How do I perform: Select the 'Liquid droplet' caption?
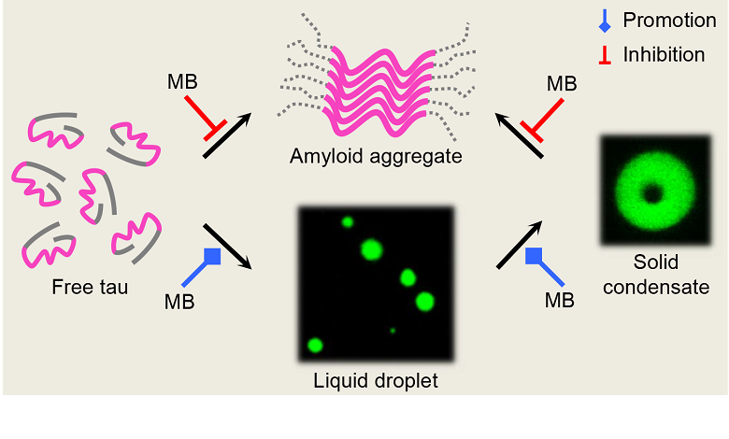point(376,381)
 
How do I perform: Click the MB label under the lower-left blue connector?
point(179,301)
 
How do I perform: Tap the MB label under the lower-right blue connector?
point(559,301)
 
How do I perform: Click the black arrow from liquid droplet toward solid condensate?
point(521,246)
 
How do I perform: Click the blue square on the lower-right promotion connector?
point(535,255)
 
